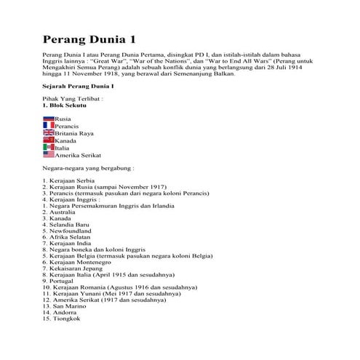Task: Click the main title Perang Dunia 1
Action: click(90, 37)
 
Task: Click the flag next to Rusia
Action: click(49, 118)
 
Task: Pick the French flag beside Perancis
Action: click(49, 126)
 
